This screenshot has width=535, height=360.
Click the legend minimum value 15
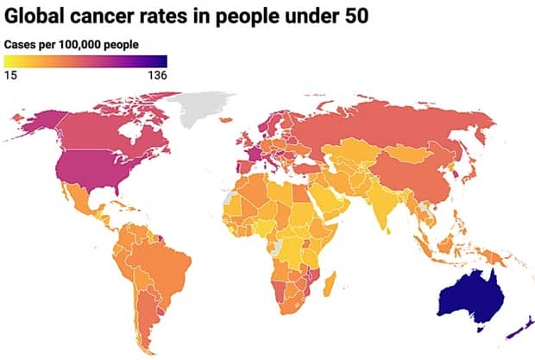pos(11,75)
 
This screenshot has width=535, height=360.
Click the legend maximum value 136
pos(156,75)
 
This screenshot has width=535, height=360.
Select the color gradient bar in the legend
pos(85,60)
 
